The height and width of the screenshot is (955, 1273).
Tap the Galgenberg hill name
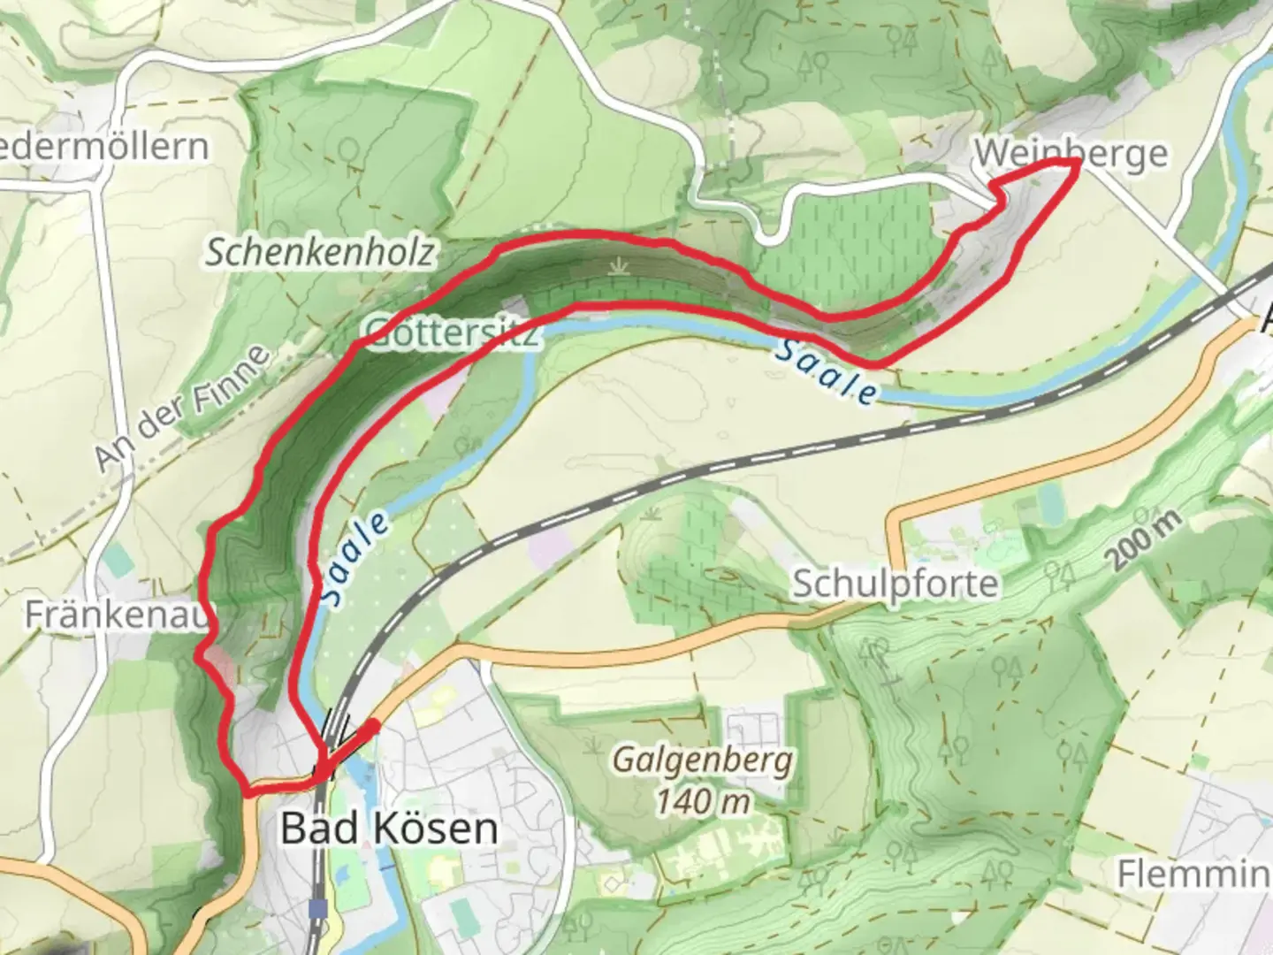[703, 760]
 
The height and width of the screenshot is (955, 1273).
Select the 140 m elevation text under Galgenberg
[703, 802]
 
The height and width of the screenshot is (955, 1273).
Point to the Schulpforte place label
[895, 584]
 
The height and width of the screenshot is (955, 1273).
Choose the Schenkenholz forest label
[320, 253]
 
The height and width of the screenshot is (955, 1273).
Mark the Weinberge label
[1070, 154]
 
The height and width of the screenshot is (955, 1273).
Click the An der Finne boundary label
[181, 408]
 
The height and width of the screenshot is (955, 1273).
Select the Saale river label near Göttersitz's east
[826, 372]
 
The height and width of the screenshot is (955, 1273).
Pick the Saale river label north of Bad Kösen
[354, 559]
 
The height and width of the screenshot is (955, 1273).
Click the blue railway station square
[317, 907]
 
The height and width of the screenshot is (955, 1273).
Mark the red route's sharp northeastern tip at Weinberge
[1076, 164]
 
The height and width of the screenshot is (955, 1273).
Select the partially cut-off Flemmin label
[1193, 874]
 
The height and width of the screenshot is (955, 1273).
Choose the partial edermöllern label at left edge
[104, 147]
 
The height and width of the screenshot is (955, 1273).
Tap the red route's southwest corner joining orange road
[248, 793]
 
